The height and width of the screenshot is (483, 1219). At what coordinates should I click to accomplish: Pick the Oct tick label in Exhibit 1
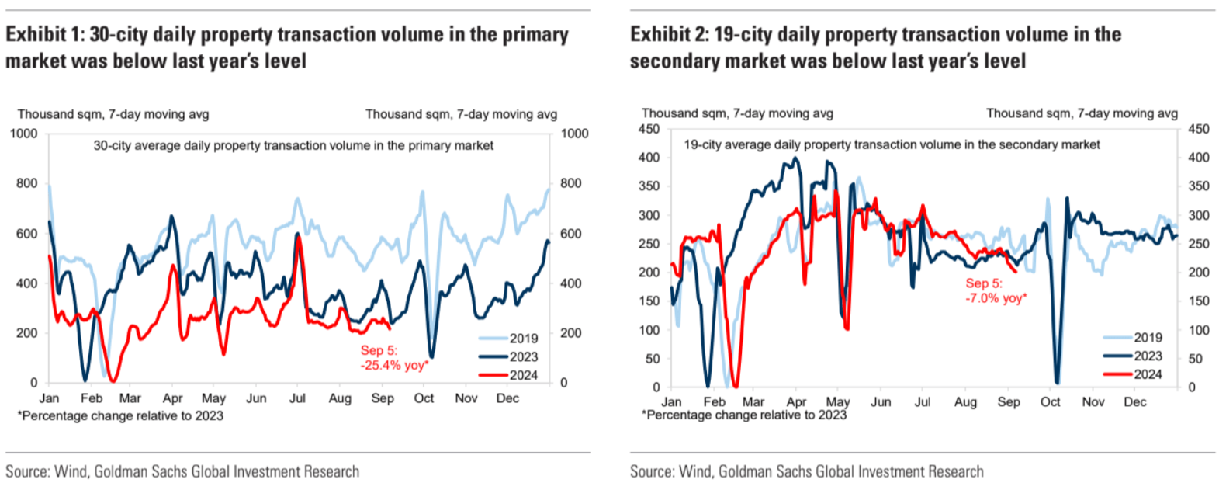[x=424, y=398]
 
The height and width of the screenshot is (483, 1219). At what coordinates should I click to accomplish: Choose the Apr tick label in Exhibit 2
[x=796, y=402]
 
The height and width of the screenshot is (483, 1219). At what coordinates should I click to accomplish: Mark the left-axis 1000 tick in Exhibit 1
[x=23, y=134]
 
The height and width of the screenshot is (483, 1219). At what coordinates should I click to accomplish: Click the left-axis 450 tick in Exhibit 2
[x=649, y=129]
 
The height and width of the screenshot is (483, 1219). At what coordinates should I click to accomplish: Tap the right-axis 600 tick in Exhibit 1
[x=570, y=234]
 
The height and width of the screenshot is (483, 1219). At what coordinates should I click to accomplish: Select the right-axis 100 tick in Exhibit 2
[x=1199, y=330]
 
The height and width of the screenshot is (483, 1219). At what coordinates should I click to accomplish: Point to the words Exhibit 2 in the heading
[x=670, y=35]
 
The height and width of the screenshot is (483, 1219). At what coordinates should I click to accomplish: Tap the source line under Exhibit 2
[x=806, y=471]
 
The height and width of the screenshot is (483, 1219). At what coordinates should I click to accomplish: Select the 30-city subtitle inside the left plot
[x=293, y=145]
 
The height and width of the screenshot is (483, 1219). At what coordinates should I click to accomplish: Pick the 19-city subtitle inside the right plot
[x=892, y=144]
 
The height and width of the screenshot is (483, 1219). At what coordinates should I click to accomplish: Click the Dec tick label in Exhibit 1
[x=507, y=398]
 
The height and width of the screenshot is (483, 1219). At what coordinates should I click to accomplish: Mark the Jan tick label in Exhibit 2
[x=671, y=402]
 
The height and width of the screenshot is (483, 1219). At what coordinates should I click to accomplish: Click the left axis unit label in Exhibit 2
[x=737, y=113]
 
